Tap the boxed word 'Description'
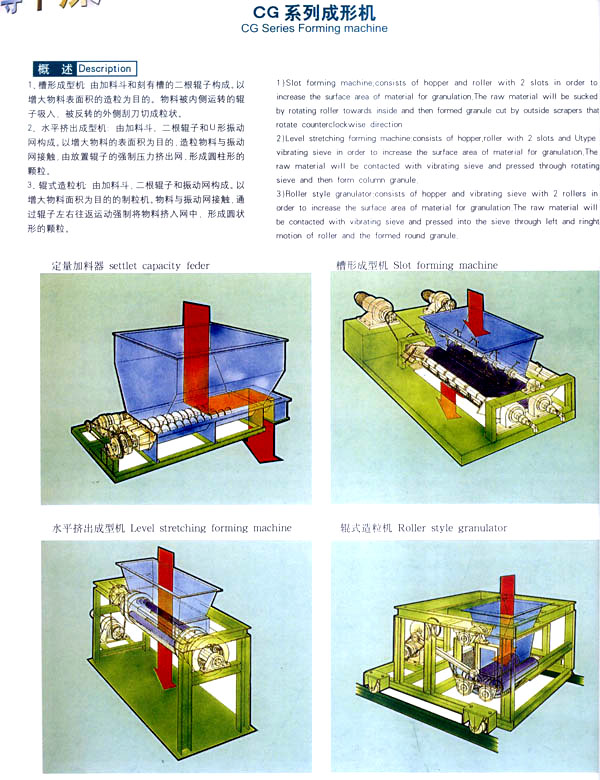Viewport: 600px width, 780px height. (104, 69)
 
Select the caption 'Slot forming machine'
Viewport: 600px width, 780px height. (445, 265)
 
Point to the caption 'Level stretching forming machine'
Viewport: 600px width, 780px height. (211, 527)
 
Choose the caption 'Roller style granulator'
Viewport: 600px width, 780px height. (452, 527)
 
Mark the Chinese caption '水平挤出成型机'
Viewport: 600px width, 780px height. (84, 527)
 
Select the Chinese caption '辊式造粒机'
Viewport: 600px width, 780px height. (365, 527)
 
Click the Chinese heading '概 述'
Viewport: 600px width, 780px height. (54, 69)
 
